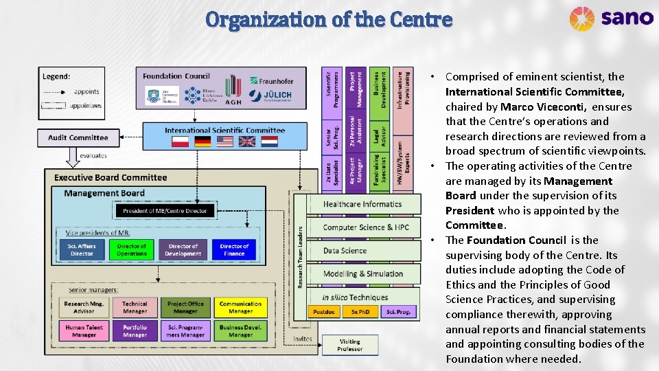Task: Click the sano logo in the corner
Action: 610,18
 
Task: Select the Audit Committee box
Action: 78,137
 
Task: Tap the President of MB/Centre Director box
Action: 165,210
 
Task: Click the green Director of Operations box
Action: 131,249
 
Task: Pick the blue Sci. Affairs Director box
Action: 81,249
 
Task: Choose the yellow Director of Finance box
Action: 234,249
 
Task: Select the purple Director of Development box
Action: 183,249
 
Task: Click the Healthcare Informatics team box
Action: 362,204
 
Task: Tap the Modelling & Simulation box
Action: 363,273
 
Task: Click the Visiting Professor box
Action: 349,345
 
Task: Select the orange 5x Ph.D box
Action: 360,312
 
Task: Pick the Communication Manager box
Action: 240,307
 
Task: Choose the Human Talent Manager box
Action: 84,331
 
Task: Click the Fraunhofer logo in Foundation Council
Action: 272,81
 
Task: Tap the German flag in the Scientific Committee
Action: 203,142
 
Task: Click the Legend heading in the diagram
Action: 56,76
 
